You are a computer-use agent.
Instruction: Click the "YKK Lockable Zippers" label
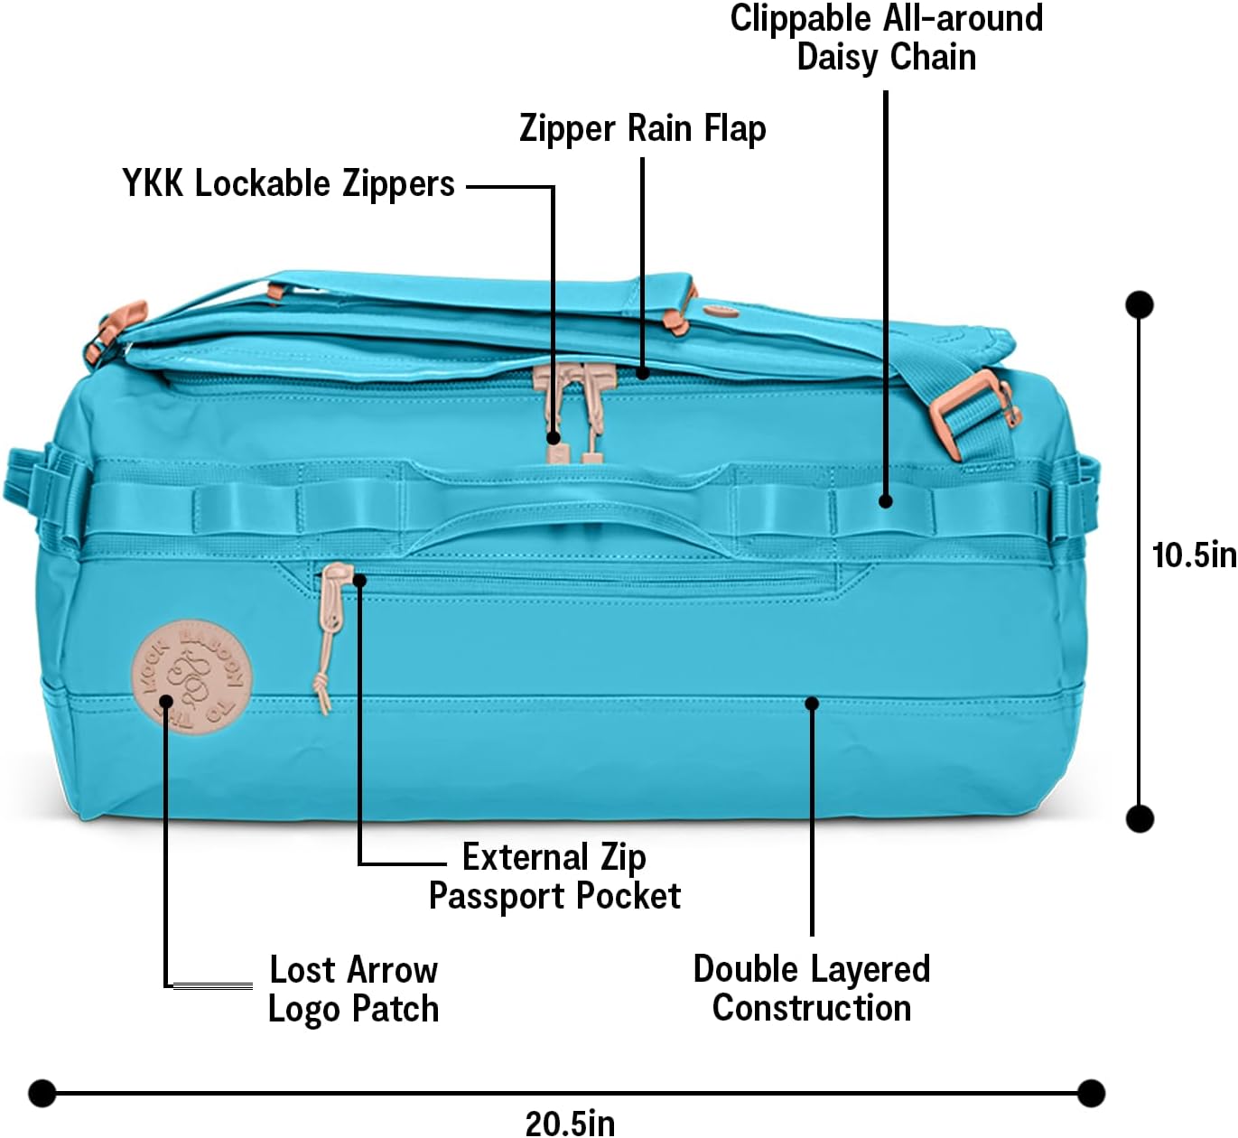tap(288, 184)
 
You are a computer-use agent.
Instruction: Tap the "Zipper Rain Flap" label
tap(642, 129)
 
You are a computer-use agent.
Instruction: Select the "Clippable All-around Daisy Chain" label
tap(886, 38)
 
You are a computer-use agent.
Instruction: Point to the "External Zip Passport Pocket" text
tap(554, 876)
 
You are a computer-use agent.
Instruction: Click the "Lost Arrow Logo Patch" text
tap(353, 989)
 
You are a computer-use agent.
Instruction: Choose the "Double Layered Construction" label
tap(811, 988)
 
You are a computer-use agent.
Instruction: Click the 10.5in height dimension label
tap(1193, 555)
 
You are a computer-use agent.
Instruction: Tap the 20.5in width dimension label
tap(570, 1123)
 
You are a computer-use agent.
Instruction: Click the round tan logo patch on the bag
tap(191, 676)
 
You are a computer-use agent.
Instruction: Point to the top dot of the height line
tap(1140, 304)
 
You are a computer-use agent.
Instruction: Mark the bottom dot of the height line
tap(1140, 818)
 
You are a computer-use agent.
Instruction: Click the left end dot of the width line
tap(42, 1093)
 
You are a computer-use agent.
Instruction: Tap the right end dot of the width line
tap(1091, 1093)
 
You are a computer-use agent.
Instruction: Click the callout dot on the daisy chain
tap(886, 500)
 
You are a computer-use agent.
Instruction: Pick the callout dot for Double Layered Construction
tap(812, 703)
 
